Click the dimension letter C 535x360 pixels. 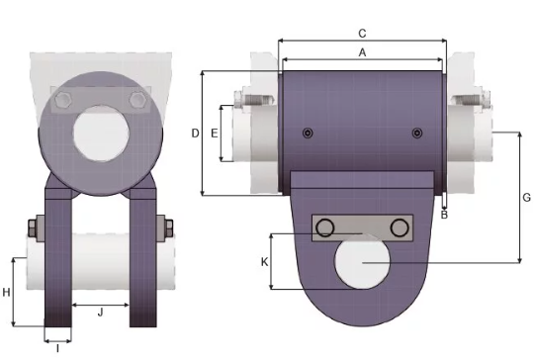[x=362, y=34]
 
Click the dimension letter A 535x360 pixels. [x=362, y=52]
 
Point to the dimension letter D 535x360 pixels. [x=195, y=134]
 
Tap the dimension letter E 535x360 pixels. [x=215, y=134]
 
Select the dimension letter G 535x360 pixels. [x=527, y=198]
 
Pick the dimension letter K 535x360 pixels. [x=264, y=262]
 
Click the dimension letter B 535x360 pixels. [x=444, y=215]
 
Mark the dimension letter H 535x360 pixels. [x=6, y=292]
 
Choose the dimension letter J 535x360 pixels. [x=100, y=312]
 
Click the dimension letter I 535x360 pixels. [x=57, y=348]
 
